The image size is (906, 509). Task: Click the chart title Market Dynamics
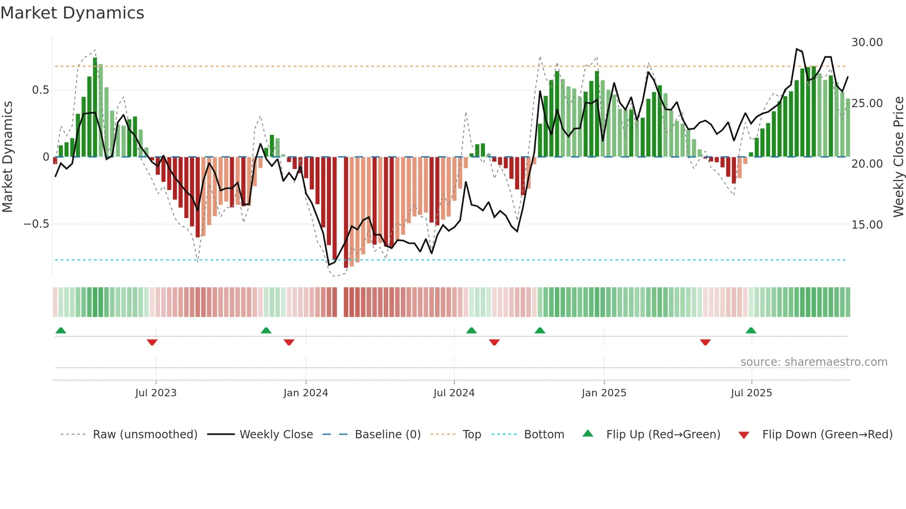pos(72,13)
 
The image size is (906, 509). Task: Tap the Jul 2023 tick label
pos(156,393)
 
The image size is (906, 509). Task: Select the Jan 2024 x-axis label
pos(306,393)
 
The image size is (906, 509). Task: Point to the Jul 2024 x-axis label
pos(454,393)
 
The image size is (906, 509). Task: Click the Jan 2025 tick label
pos(604,393)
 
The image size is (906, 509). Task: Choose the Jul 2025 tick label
pos(751,393)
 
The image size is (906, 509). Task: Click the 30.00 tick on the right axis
pos(867,42)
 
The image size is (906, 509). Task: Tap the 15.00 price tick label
pos(867,225)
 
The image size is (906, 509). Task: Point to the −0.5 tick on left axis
pos(36,224)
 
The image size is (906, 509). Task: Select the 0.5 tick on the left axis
pos(40,90)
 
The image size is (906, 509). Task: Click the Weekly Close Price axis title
pos(898,157)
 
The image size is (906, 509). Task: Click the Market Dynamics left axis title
pos(7,157)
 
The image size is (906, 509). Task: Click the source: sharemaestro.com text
pos(814,362)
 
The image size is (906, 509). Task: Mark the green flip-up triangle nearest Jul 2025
pos(751,330)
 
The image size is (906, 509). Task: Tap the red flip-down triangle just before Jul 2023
pos(152,342)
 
